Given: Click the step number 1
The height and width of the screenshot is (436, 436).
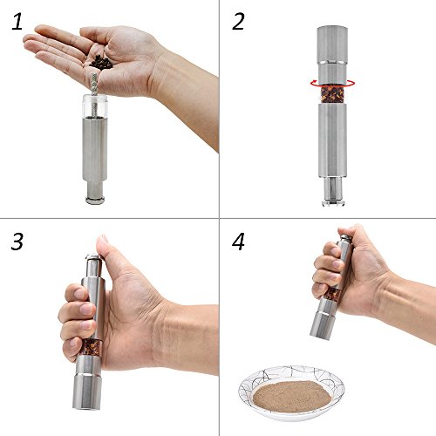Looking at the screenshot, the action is [17, 22].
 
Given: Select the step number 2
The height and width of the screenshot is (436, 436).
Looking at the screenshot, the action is [238, 22].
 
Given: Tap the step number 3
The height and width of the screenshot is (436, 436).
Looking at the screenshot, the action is [17, 242].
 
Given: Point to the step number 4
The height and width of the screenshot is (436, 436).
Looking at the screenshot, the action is [238, 242].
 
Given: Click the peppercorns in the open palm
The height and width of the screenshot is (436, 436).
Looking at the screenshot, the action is [101, 63].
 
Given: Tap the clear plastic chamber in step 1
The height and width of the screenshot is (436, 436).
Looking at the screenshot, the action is [95, 106].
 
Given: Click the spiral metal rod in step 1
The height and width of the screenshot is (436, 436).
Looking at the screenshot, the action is [94, 93].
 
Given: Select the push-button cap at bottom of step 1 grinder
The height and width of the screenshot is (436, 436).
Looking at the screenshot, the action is [95, 200].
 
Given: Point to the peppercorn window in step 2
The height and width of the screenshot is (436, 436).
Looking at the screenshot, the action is [332, 95].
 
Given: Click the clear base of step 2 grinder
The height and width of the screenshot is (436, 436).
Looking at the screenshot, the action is [333, 202].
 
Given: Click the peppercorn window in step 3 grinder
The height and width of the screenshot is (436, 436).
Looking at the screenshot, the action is [91, 347].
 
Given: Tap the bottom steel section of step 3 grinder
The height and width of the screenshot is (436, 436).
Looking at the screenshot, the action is [87, 392].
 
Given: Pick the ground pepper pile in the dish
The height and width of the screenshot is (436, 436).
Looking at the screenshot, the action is [291, 397].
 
